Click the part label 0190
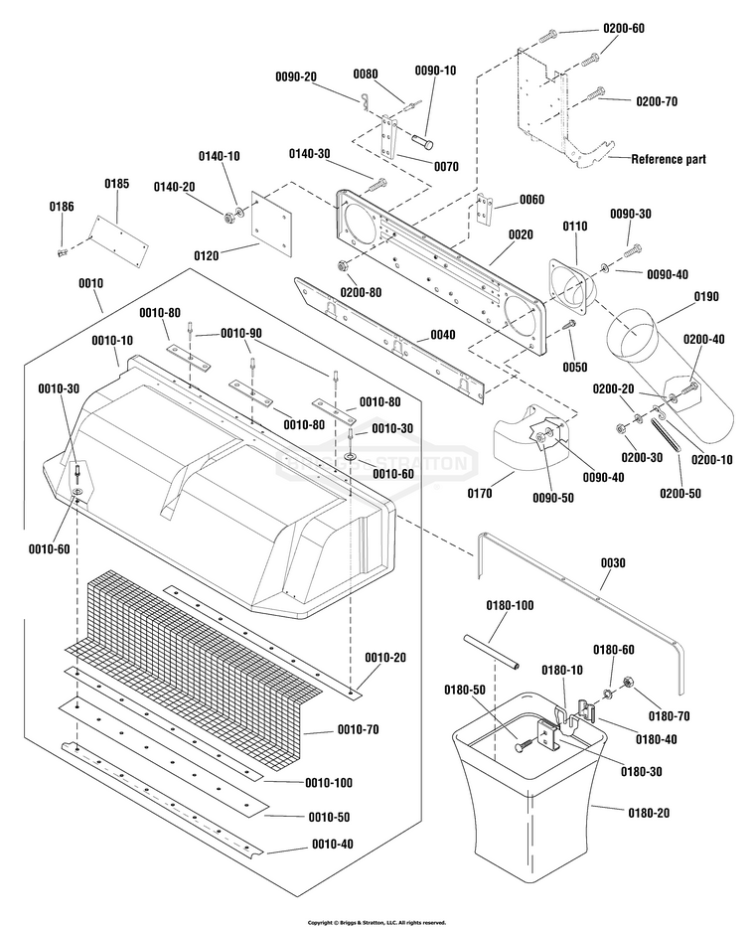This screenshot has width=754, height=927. [x=707, y=296]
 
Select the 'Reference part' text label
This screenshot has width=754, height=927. [x=669, y=159]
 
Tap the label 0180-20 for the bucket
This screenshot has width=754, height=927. [x=648, y=813]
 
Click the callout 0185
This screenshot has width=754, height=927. [x=116, y=184]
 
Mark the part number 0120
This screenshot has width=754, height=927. [x=207, y=255]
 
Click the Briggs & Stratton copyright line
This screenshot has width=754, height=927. [x=377, y=922]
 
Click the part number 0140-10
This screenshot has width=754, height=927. [x=220, y=156]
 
